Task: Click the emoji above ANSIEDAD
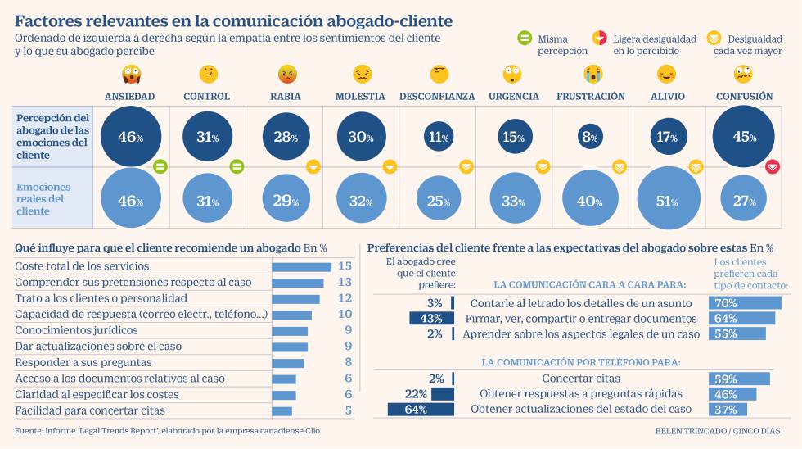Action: (x=129, y=75)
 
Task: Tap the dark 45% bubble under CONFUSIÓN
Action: (x=744, y=137)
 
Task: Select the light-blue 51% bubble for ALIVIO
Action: (x=668, y=200)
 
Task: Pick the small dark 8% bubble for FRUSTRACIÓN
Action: (x=590, y=137)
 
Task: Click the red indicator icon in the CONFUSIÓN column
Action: (x=772, y=167)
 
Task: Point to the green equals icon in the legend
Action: (x=524, y=39)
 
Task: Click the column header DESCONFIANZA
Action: (x=437, y=97)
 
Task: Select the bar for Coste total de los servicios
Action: (x=301, y=266)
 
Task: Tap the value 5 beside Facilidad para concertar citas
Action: (x=347, y=410)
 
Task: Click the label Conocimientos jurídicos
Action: (x=76, y=330)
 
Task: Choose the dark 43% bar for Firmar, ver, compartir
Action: (x=431, y=318)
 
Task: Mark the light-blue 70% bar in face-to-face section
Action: (x=745, y=303)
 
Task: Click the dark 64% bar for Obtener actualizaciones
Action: (x=421, y=409)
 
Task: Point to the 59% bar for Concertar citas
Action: (x=739, y=379)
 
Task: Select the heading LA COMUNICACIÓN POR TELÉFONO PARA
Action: (x=581, y=361)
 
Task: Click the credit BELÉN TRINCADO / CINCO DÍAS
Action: (x=717, y=431)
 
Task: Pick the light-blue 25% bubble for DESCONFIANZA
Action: (x=438, y=200)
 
